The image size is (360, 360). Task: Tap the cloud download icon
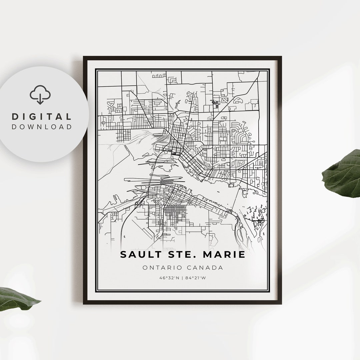[x=40, y=94]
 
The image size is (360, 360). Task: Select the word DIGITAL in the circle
[x=42, y=117]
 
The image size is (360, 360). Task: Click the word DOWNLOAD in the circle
[x=42, y=127]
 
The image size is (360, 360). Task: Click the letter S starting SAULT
[x=124, y=255]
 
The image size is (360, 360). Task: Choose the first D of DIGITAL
[x=15, y=117]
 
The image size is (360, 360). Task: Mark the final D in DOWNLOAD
[x=69, y=127]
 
